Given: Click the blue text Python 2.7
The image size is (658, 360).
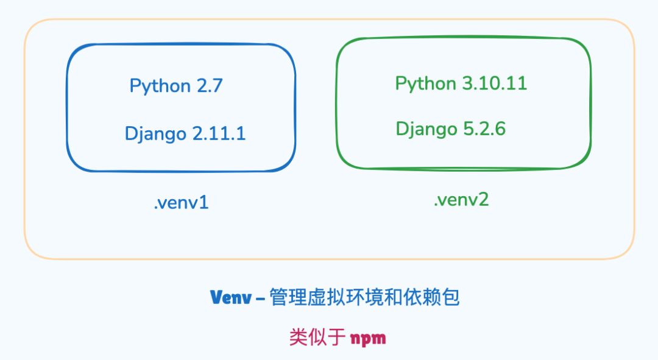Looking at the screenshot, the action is click(x=176, y=86).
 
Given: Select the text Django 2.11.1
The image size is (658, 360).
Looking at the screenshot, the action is click(x=185, y=133).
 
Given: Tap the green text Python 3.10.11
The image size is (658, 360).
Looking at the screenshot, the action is click(x=461, y=83).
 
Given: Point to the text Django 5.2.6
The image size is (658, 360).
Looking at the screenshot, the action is click(x=450, y=129).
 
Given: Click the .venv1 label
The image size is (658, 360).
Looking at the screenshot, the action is click(x=181, y=203).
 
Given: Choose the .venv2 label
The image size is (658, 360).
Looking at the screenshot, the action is click(x=461, y=199).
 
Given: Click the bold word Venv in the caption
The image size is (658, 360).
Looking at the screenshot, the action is click(x=230, y=297).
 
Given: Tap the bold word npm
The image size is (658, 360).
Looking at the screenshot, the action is click(x=368, y=337).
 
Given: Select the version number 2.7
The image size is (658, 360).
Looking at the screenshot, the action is click(x=209, y=86).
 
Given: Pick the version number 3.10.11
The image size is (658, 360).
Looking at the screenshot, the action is click(x=494, y=83).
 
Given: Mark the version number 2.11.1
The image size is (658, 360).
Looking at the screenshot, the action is click(x=219, y=133).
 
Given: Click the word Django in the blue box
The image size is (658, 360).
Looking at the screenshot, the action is click(x=155, y=134).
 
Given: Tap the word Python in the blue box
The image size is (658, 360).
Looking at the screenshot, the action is click(x=160, y=86).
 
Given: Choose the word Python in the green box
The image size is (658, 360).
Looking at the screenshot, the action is click(x=425, y=84).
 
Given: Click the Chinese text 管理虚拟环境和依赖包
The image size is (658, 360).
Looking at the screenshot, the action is click(x=364, y=297).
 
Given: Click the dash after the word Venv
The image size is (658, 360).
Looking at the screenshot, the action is click(x=260, y=298).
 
